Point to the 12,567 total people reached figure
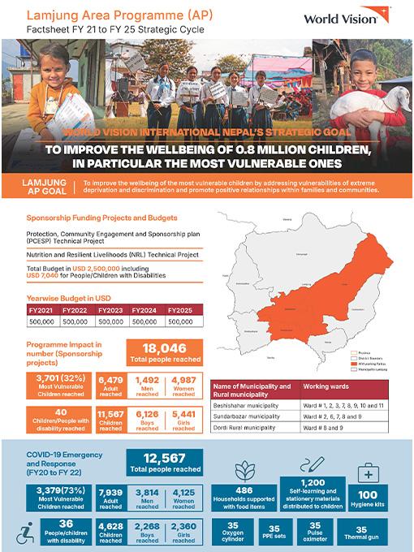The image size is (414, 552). point(164,457)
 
